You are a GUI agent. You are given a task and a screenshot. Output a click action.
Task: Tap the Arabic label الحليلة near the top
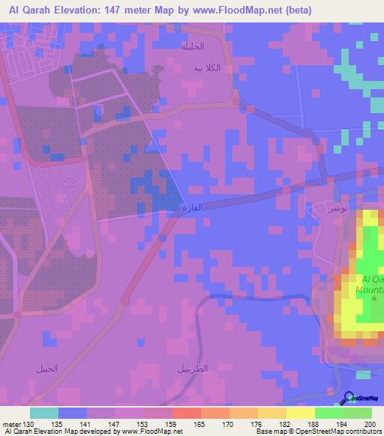(192, 46)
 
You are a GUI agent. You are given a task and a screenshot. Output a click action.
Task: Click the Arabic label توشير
(327, 208)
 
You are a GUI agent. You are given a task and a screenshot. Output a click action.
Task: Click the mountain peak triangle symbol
(375, 298)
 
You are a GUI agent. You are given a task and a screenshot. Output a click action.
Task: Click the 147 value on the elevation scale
(115, 423)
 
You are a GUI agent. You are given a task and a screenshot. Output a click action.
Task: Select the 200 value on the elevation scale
(368, 423)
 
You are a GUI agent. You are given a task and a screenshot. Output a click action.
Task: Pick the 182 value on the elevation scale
(285, 423)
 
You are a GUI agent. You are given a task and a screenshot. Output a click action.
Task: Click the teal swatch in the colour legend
(43, 413)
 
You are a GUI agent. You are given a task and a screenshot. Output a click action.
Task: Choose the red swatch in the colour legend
(186, 413)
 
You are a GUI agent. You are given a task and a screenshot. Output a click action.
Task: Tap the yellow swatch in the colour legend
(300, 413)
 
